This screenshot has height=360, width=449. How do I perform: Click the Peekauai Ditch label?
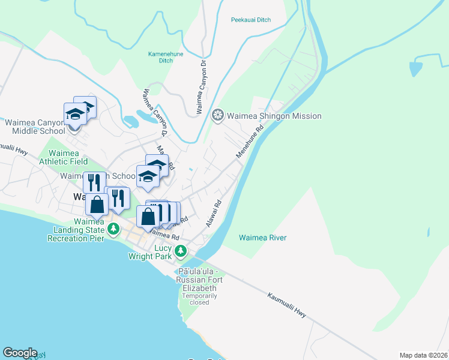[251, 20]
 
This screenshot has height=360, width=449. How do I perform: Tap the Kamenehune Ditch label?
[165, 57]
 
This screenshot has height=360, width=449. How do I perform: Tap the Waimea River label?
[263, 238]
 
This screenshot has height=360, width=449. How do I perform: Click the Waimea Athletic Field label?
[63, 157]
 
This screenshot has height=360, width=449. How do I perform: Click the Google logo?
[20, 353]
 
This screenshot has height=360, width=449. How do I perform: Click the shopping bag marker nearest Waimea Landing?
[97, 204]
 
